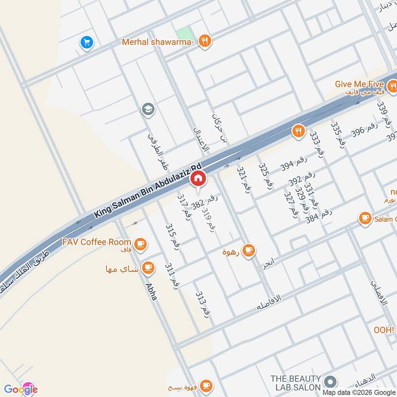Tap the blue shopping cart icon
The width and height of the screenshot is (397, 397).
(87, 43)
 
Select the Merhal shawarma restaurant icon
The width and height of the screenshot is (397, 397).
(204, 42)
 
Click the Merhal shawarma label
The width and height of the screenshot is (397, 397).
(157, 42)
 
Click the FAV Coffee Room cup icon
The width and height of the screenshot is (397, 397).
(140, 243)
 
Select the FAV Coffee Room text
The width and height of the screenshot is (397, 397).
(97, 242)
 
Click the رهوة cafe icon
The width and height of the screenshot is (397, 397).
(249, 251)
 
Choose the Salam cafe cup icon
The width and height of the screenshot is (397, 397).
(365, 218)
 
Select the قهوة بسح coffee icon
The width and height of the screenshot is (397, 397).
(205, 386)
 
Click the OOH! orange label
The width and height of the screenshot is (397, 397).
(384, 330)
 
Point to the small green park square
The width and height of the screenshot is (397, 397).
(184, 32)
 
